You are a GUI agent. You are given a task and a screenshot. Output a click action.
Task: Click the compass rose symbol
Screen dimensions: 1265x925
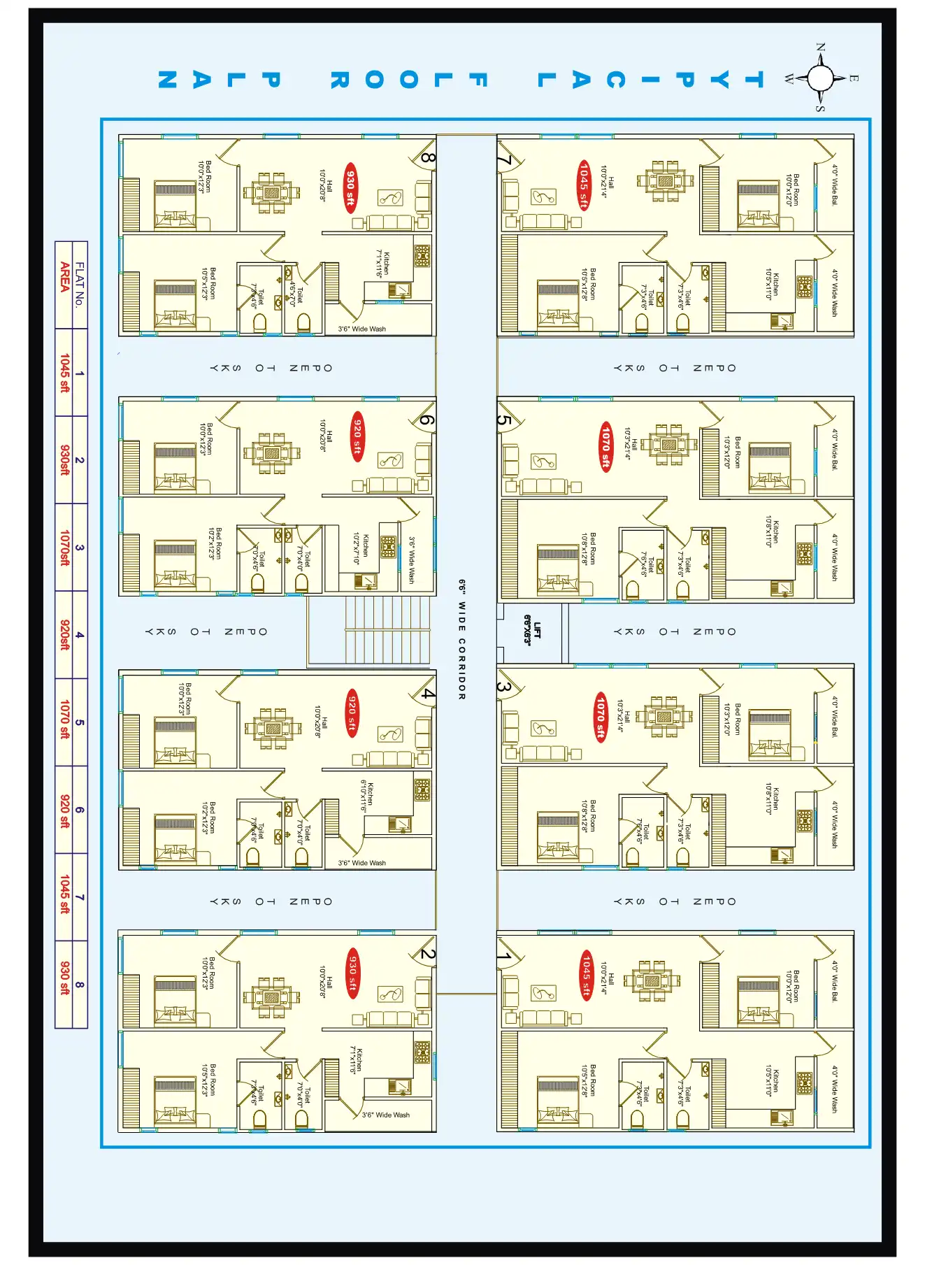coord(821,78)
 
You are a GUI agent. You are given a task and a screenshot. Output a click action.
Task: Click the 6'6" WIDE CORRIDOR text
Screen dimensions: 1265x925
coord(462,639)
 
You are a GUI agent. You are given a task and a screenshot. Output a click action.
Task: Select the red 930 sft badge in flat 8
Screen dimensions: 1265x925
coord(350,187)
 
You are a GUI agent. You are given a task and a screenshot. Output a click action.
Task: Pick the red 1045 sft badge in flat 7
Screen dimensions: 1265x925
coord(584,185)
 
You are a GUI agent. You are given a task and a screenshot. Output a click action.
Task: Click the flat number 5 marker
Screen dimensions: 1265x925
coord(504,421)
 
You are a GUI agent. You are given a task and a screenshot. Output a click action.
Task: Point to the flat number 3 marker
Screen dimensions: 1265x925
coord(503,687)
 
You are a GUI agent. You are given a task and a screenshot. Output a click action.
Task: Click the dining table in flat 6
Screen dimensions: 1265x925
coord(272,453)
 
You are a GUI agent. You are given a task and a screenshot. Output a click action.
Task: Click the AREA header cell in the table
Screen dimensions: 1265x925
coord(64,277)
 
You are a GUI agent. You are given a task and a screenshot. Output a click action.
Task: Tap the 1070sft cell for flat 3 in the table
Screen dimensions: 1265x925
coord(64,548)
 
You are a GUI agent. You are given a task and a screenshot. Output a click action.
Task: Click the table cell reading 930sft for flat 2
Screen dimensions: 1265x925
coord(64,460)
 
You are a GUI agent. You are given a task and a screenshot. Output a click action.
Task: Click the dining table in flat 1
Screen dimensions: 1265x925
coord(652,981)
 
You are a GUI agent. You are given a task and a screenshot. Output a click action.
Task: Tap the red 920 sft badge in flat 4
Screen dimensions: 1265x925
coord(352,713)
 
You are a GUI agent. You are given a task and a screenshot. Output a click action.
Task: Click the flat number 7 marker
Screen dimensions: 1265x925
coord(504,161)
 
